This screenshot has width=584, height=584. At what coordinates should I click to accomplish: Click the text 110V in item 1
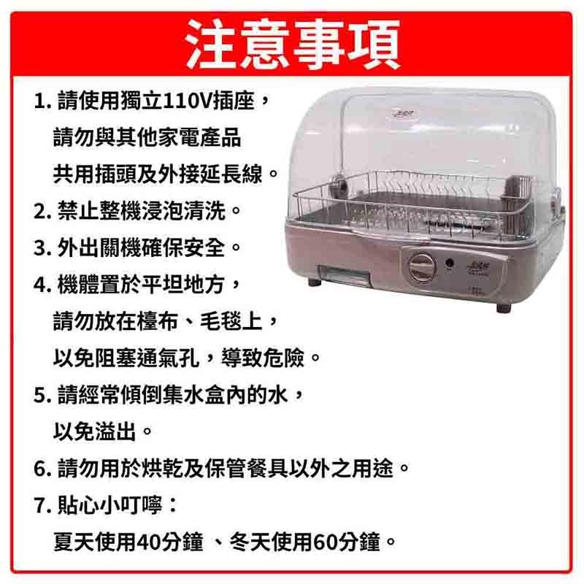188,101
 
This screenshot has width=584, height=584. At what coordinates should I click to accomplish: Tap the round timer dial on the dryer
422,267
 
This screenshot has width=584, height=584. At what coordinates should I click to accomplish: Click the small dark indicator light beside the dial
450,264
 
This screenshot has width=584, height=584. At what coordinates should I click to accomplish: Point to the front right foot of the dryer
504,308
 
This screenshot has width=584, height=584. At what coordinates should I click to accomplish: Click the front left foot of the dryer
315,282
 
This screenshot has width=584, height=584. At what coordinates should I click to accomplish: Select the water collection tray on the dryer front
342,275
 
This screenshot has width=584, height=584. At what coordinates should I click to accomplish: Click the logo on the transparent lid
403,112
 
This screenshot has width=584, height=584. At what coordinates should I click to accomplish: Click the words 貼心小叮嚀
110,506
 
